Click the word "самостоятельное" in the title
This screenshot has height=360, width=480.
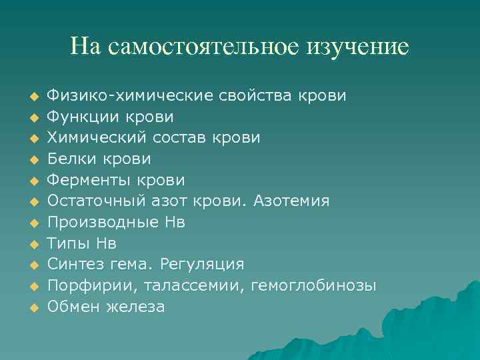203,47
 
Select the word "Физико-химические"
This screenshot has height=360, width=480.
131,96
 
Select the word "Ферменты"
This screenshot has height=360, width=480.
89,181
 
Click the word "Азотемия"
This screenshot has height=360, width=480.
291,201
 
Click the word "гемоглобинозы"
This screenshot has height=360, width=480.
313,286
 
